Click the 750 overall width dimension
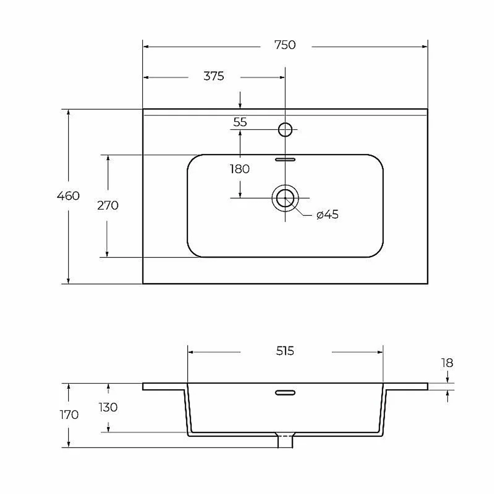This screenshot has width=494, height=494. click(285, 45)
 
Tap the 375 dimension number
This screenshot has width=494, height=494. click(213, 76)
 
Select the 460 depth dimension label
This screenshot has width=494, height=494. click(68, 196)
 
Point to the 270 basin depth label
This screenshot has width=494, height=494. click(108, 206)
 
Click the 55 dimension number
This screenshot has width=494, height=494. click(240, 122)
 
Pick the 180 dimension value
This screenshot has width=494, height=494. click(240, 169)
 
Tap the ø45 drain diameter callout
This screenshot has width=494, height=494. click(328, 214)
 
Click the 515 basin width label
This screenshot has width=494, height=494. click(285, 351)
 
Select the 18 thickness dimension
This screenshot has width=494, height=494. click(447, 363)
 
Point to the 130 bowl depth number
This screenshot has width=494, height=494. click(108, 408)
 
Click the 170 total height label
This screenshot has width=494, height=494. click(69, 415)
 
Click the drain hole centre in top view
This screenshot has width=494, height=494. click(285, 198)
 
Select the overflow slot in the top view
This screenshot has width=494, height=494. click(285, 160)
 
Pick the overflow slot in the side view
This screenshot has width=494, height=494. click(285, 393)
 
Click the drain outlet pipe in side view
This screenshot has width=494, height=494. click(285, 441)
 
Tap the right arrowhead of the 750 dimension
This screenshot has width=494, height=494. click(424, 47)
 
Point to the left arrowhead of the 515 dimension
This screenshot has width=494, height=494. click(191, 352)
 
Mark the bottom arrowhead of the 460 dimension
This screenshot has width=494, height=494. click(68, 281)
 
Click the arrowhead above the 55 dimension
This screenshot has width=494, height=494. click(240, 106)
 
